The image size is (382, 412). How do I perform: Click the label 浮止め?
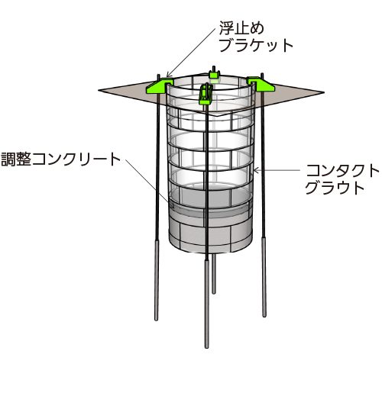tap(241, 28)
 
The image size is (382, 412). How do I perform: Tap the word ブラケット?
tap(256, 46)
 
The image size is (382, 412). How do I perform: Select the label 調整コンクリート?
tap(61, 159)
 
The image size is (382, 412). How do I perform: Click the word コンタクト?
tap(342, 171)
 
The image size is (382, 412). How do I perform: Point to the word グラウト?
tap(335, 188)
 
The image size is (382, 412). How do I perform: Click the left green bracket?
tap(159, 85)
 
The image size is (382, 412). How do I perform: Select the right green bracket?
tap(261, 83)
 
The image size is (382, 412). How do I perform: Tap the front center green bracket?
tap(206, 94)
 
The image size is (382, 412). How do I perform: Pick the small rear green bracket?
tap(214, 74)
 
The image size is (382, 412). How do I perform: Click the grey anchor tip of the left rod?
tap(157, 280)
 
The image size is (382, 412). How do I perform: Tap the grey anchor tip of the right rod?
tap(264, 276)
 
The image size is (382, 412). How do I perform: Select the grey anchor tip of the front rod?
tap(207, 304)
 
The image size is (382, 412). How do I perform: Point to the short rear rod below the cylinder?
tap(214, 274)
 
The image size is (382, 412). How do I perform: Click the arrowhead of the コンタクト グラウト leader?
tap(255, 170)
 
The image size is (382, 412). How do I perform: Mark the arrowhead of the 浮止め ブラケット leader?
tap(169, 75)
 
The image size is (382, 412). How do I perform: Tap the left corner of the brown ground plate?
tap(99, 90)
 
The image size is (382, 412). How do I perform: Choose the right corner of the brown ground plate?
tap(324, 92)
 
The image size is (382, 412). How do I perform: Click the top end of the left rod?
tap(159, 75)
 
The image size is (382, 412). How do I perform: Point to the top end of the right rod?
tap(262, 74)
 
